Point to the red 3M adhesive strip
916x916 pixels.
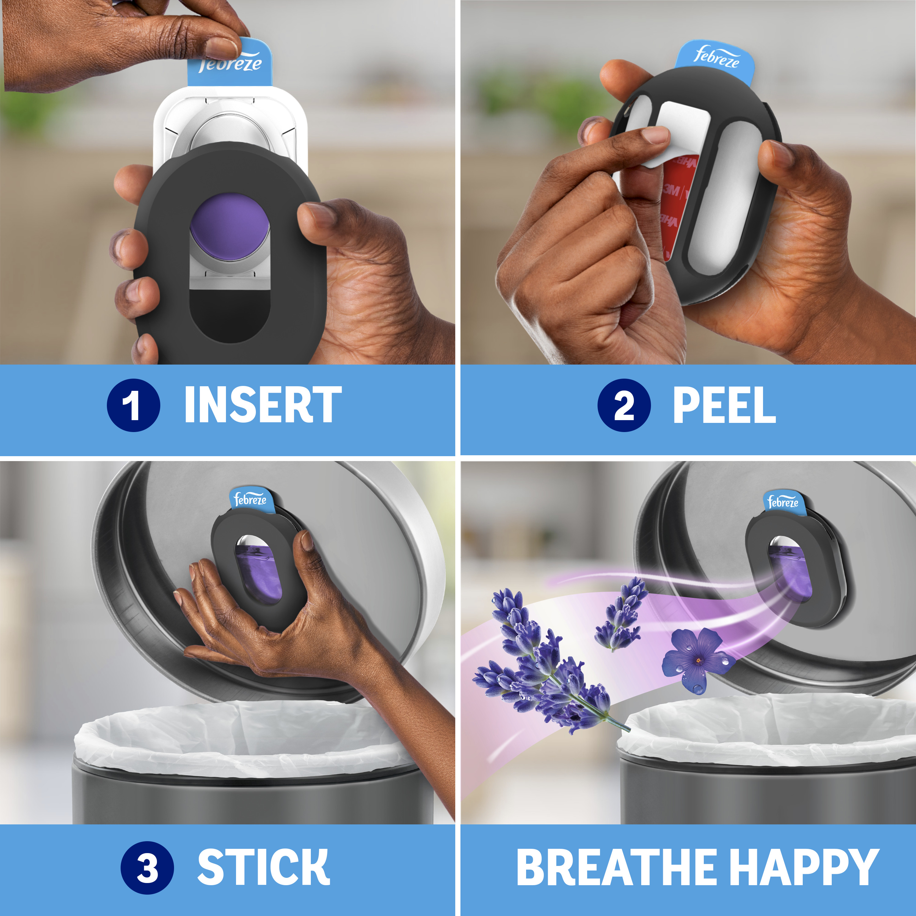tap(673, 204)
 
